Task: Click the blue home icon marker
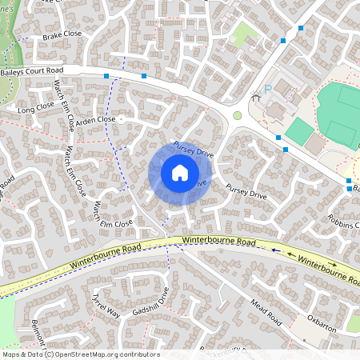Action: pos(180,173)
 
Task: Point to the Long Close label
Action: pos(35,108)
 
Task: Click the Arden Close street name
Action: pos(96,119)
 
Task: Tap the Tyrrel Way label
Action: pos(105,306)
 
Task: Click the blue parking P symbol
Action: pos(269,88)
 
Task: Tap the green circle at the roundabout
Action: pos(237,116)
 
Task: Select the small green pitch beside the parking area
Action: pos(299,131)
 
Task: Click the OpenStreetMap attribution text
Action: pos(80,354)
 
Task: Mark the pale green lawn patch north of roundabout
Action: pos(246,34)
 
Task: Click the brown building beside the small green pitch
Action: pos(315,143)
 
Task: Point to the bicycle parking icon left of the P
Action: pos(256,98)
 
